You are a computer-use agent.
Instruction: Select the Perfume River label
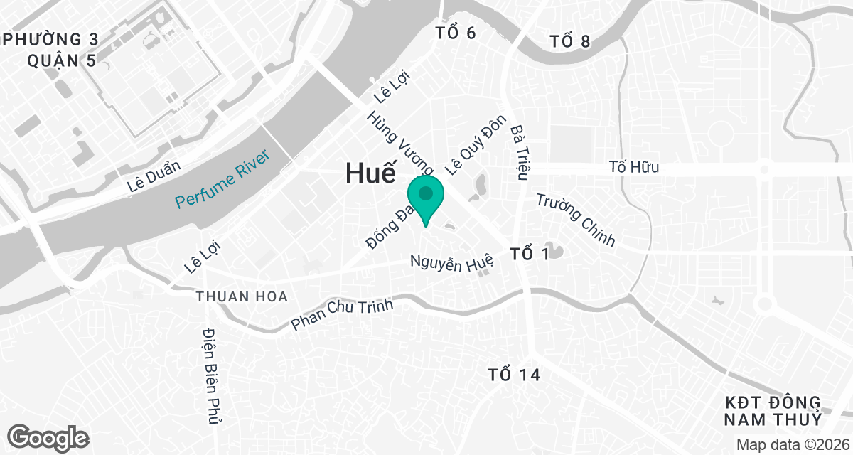coord(223,179)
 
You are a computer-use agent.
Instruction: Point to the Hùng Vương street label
coord(400,142)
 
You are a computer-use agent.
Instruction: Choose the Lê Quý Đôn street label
coord(475,144)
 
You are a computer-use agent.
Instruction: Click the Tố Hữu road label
coord(634,168)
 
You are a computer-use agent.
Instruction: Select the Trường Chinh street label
coord(576,220)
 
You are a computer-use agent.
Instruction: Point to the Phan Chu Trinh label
coord(343,314)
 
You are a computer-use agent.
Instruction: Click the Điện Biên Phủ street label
coord(209,376)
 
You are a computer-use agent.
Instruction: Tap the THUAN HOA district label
coord(242,296)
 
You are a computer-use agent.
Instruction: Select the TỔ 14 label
coord(514,374)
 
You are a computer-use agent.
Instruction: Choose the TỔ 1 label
coord(530,253)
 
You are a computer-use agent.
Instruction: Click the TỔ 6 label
coord(455,33)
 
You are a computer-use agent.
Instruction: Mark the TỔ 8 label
coord(570,42)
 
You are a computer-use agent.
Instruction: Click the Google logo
coord(48,437)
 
